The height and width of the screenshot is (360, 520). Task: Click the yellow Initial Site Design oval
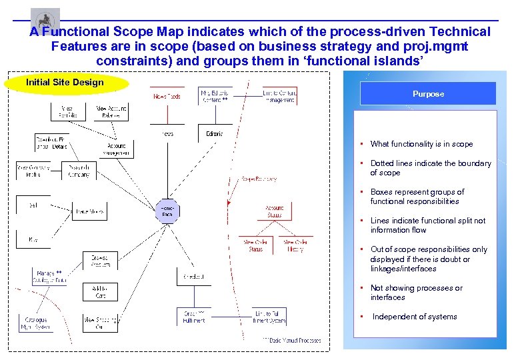[x=65, y=83]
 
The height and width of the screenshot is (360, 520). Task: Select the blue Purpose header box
[x=428, y=94]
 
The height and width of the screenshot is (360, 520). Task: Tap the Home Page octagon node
[x=167, y=211]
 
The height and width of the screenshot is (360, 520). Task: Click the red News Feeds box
[x=167, y=97]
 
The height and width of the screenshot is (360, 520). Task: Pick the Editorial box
[x=214, y=133]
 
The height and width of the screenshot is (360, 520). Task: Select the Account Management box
[x=117, y=149]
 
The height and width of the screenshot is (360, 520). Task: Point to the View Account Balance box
[x=112, y=111]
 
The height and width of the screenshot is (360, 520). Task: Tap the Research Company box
[x=79, y=171]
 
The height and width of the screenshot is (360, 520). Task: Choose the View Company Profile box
[x=34, y=171]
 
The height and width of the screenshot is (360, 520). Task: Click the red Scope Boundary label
[x=259, y=179]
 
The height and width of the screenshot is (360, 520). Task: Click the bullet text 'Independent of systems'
[x=414, y=317]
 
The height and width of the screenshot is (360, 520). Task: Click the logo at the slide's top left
[x=45, y=19]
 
